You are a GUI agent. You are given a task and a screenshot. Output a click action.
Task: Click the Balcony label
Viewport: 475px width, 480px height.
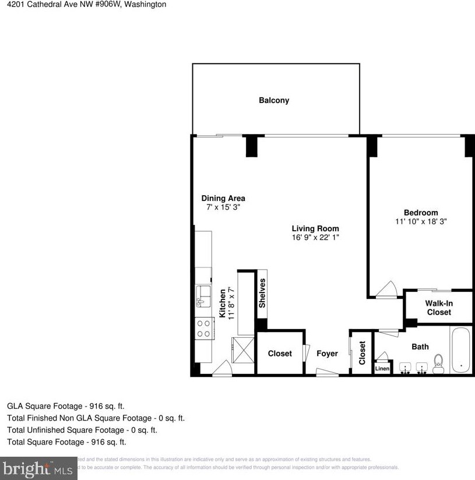pos(274,100)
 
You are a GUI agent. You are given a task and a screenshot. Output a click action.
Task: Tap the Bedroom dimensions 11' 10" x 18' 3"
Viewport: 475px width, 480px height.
pos(420,221)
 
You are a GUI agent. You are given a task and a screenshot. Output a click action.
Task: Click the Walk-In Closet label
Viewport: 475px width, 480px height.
pos(439,308)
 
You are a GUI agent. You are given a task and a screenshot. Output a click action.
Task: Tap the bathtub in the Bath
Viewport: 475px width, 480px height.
pos(460,351)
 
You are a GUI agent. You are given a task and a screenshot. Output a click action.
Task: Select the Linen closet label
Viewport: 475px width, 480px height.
pos(382,369)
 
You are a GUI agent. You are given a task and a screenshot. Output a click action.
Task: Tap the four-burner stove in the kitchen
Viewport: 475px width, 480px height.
pos(204,328)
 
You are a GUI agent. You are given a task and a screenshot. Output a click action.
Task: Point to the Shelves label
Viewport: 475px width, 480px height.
pos(262,294)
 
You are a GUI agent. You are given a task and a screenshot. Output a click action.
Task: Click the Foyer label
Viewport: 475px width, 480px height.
pos(327,354)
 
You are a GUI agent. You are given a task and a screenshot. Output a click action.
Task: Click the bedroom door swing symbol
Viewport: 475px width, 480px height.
pos(386,290)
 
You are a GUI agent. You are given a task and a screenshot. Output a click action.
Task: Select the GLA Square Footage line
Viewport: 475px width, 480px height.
pos(65,406)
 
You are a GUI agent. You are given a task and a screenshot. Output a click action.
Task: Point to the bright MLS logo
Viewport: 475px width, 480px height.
pos(38,468)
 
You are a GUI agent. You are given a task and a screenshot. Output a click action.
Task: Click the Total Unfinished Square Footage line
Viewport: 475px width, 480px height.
pos(82,430)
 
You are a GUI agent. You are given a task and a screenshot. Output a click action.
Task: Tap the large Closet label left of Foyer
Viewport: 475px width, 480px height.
pos(280,354)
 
